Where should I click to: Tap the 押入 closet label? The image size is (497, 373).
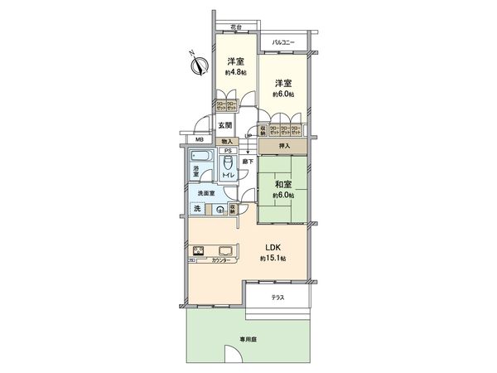click(283, 145)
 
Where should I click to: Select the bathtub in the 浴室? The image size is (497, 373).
click(202, 156)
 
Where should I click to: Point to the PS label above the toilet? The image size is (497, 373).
click(229, 151)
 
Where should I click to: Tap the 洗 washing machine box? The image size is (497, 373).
click(198, 210)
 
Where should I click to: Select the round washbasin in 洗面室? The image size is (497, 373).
click(220, 210)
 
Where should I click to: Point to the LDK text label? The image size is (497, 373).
click(273, 246)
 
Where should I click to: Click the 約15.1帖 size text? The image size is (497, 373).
click(273, 259)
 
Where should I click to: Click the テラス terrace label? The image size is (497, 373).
click(277, 298)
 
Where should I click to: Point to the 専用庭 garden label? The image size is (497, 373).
click(248, 339)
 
